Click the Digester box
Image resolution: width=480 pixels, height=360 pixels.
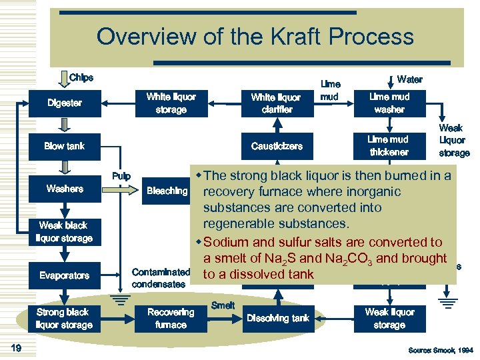(65, 103)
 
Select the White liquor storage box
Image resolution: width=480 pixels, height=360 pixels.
(171, 103)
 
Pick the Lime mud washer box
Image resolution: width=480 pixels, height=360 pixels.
(389, 103)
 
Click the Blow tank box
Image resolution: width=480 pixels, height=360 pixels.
(65, 145)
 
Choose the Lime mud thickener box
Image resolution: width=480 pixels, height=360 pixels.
(389, 145)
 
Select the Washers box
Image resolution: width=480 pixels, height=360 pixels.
(65, 189)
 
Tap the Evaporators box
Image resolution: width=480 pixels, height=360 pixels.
(65, 275)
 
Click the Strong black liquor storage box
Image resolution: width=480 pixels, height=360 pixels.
(65, 318)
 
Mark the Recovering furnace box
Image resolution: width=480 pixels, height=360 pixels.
(171, 318)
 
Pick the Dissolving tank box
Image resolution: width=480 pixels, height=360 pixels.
(278, 318)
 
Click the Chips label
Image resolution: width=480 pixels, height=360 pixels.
(81, 77)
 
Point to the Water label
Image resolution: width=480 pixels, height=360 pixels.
(409, 79)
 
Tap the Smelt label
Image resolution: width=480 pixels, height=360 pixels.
(223, 305)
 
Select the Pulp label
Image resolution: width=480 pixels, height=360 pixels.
(121, 177)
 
